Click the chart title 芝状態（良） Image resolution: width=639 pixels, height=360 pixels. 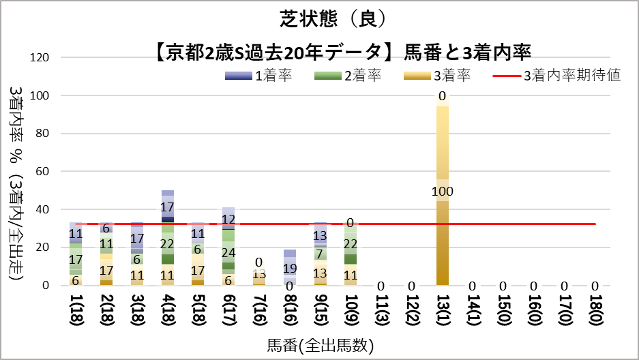point(318,18)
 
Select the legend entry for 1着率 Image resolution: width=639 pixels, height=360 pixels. point(258,76)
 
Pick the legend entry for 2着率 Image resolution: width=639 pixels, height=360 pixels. point(347,76)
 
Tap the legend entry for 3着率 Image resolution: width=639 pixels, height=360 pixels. point(436,76)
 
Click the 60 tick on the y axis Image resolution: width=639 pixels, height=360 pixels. point(42,172)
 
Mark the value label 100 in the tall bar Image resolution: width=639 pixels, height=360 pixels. point(443,191)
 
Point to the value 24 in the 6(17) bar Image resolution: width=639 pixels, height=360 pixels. point(228,252)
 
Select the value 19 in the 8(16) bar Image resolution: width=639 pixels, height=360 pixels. point(290,268)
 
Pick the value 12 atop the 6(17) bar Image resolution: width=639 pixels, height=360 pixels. point(228,220)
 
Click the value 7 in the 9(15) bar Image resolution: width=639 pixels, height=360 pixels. point(320,254)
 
